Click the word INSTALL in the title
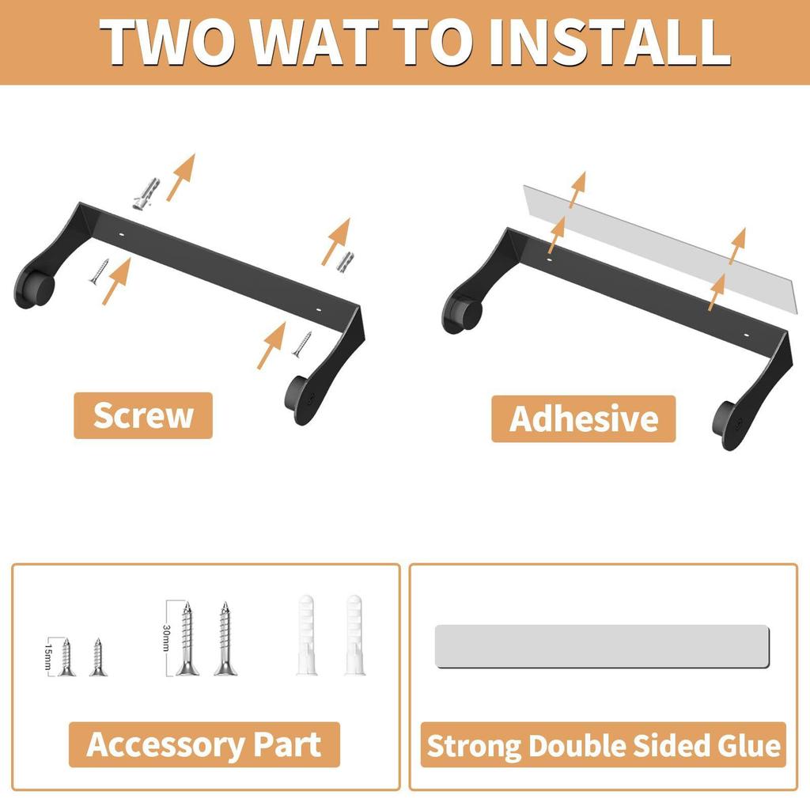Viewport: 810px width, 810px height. (611, 42)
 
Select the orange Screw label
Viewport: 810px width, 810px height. (143, 415)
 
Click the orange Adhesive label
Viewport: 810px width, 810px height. (583, 418)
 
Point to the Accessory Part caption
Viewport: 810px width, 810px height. (204, 744)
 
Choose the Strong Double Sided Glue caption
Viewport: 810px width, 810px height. (604, 745)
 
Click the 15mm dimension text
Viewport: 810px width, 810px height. (48, 656)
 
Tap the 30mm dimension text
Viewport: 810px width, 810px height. (166, 638)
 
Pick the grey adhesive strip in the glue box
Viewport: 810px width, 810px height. (602, 645)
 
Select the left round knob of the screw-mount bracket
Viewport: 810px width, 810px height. (35, 288)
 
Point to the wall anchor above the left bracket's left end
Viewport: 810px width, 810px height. (146, 193)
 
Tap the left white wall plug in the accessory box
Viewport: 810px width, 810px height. (306, 634)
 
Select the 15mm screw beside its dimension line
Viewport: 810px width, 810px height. (66, 657)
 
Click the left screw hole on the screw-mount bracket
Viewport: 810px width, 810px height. (122, 234)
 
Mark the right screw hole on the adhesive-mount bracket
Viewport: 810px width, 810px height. (746, 335)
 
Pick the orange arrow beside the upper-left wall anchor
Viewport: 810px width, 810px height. (181, 176)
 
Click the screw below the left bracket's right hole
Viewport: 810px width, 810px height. (302, 344)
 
